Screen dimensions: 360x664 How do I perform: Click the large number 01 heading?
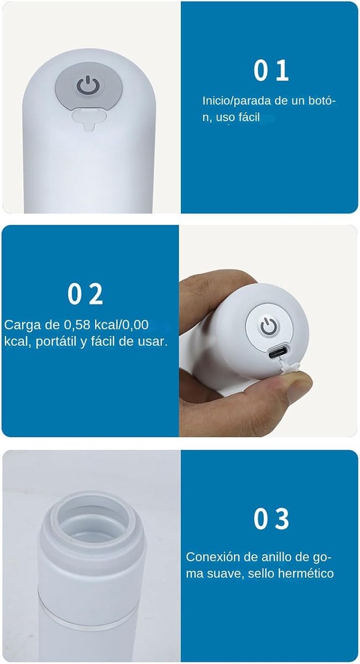click(271, 70)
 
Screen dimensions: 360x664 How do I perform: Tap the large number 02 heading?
click(85, 294)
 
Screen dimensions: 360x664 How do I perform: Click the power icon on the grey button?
click(87, 85)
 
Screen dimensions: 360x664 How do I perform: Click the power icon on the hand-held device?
click(269, 326)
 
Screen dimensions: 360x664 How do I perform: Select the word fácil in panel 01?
click(249, 117)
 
